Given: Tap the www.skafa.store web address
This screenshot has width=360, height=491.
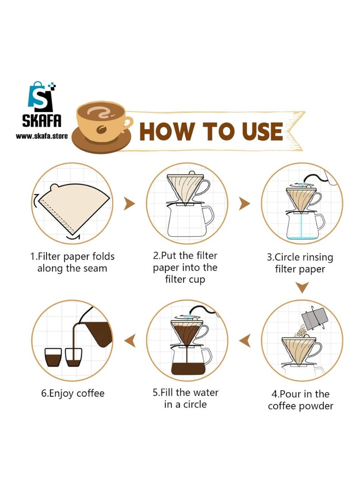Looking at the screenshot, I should [42, 135].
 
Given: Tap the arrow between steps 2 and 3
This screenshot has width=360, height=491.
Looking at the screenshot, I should [244, 204].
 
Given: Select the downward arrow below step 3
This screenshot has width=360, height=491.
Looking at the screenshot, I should [302, 287].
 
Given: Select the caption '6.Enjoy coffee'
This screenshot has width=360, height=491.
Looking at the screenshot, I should [73, 393].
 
